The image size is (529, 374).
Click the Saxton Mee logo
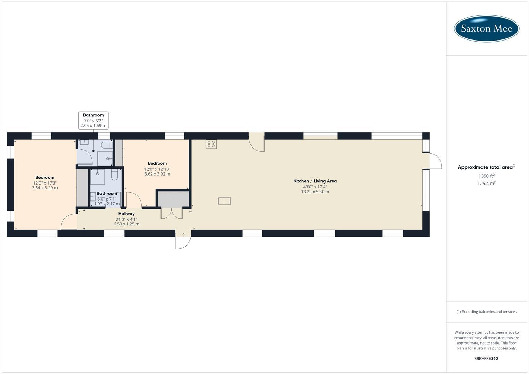tap(486, 28)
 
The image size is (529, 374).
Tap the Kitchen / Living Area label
tap(315, 181)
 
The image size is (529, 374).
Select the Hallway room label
tap(126, 214)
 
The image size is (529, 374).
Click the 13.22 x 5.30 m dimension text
tap(315, 192)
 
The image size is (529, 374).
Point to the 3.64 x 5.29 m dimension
tap(45, 188)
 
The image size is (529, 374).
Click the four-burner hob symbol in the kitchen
tap(211, 144)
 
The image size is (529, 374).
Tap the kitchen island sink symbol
tap(224, 201)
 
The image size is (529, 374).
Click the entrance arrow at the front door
tap(183, 235)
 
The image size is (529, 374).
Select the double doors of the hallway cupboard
tap(171, 213)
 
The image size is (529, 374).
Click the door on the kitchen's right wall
tap(434, 161)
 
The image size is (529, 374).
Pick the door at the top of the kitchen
tap(257, 143)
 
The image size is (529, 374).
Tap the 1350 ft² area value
tap(486, 176)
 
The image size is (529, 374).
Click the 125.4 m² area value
tap(486, 184)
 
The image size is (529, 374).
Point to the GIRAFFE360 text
tap(486, 359)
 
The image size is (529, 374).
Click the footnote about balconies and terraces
tap(486, 312)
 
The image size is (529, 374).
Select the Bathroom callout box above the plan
tap(93, 120)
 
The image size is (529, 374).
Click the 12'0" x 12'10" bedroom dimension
tap(157, 169)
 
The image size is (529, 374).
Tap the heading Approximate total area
tap(486, 167)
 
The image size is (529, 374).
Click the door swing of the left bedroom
tap(69, 222)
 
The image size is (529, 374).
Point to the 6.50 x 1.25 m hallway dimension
tap(126, 224)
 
